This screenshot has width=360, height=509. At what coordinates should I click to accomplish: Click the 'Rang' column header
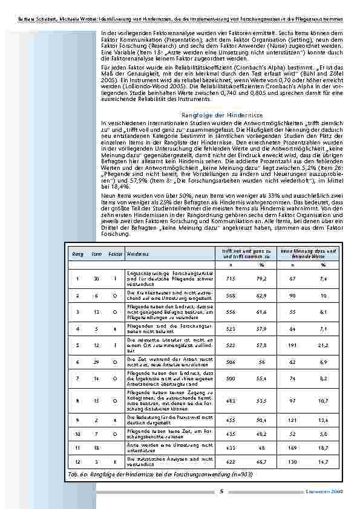pyautogui.click(x=77, y=255)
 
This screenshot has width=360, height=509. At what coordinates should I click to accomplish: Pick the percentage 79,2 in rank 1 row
pyautogui.click(x=261, y=279)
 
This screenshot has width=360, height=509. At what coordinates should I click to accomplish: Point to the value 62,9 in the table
pyautogui.click(x=261, y=296)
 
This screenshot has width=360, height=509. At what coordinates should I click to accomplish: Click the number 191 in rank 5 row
pyautogui.click(x=292, y=345)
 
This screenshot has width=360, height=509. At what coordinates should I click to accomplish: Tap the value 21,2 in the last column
pyautogui.click(x=324, y=345)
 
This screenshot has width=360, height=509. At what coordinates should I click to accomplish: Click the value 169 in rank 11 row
pyautogui.click(x=292, y=447)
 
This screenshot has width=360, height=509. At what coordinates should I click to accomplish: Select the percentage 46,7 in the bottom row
pyautogui.click(x=261, y=461)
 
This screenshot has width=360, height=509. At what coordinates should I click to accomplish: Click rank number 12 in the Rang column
pyautogui.click(x=77, y=461)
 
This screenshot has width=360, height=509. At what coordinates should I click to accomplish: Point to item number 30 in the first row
pyautogui.click(x=96, y=279)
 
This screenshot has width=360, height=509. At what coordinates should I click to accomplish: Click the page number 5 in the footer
pyautogui.click(x=221, y=492)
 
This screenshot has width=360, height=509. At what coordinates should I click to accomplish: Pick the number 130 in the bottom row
pyautogui.click(x=292, y=461)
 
